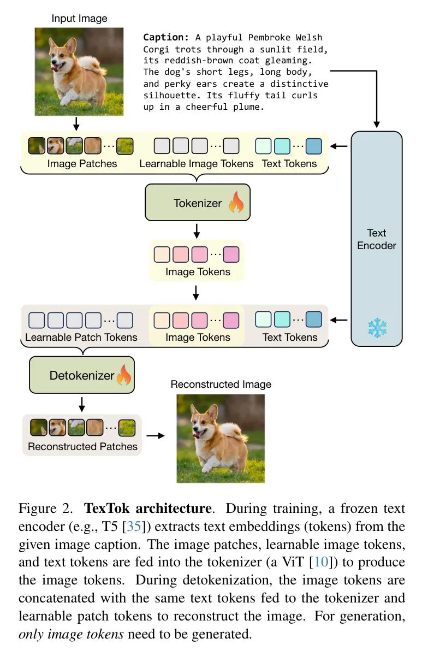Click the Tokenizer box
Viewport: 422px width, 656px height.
198,202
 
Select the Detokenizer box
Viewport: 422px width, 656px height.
82,375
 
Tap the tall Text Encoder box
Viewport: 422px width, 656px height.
377,239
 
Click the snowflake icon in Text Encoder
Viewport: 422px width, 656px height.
377,328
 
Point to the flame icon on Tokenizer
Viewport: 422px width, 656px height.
236,202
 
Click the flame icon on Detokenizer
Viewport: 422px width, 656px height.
124,375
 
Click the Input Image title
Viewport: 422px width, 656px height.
79,19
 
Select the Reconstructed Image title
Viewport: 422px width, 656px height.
221,384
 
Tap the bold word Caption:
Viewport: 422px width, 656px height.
166,38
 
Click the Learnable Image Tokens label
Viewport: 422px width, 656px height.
197,163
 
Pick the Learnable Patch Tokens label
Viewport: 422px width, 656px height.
81,337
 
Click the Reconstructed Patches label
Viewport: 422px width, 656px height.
82,446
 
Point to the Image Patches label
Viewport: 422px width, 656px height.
82,163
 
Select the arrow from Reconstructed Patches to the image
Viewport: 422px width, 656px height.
156,436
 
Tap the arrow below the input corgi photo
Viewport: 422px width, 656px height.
76,124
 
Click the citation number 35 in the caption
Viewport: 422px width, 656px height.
134,526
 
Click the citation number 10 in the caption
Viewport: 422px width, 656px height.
321,562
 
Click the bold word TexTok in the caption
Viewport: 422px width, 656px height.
106,509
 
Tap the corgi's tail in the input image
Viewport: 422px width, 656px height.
92,64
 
